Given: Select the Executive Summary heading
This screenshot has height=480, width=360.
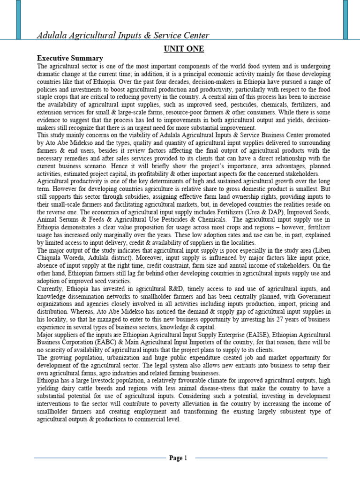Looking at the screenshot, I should (x=70, y=58).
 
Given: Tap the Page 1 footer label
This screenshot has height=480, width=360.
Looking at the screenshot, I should (x=178, y=458).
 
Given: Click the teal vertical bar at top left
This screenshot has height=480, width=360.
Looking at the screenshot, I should (x=18, y=19).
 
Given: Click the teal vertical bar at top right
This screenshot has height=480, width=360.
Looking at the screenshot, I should (x=345, y=19).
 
